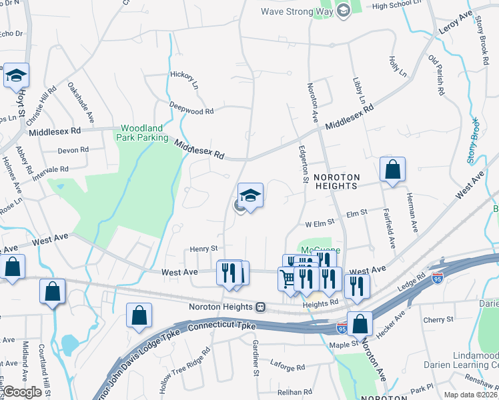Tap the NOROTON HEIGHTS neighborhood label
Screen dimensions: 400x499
coord(337,181)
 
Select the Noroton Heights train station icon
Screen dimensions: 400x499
coord(261,307)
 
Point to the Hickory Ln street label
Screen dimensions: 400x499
coord(185,80)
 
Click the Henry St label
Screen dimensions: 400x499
coord(204,248)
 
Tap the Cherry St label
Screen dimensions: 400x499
coord(438,320)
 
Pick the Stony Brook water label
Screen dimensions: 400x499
coord(473,141)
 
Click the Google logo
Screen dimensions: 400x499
coord(22,392)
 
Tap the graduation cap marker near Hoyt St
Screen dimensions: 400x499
coord(15,75)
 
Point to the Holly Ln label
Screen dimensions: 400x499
coord(394,65)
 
